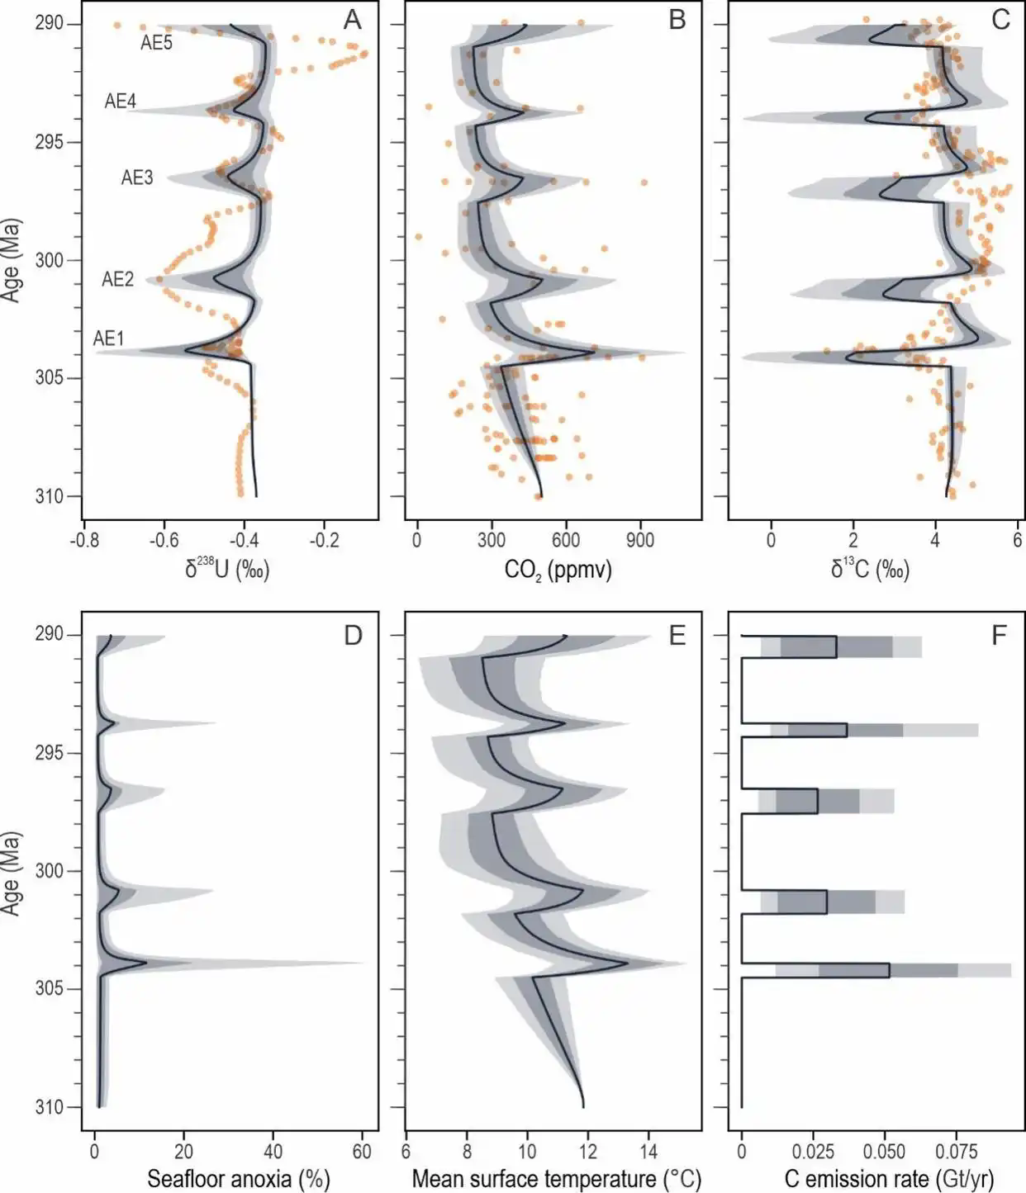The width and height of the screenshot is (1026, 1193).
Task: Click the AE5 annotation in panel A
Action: (156, 43)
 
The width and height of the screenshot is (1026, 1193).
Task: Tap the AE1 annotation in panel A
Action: (108, 338)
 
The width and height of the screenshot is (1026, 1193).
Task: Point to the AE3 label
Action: (137, 178)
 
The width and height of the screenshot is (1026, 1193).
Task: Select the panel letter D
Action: (353, 636)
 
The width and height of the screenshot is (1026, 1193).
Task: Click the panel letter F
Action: (1000, 636)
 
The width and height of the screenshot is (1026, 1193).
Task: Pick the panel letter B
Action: (677, 20)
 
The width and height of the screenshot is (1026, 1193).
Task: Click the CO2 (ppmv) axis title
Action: (558, 569)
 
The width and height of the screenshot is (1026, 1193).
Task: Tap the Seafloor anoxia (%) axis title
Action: (238, 1178)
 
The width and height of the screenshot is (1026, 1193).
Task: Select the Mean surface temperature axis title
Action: (553, 1178)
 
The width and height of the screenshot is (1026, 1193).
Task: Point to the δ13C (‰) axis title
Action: (870, 569)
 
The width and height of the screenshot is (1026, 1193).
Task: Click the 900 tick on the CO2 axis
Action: (640, 541)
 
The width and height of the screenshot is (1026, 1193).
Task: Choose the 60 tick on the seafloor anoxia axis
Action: (362, 1152)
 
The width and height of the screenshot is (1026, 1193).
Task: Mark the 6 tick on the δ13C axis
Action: (1017, 541)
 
